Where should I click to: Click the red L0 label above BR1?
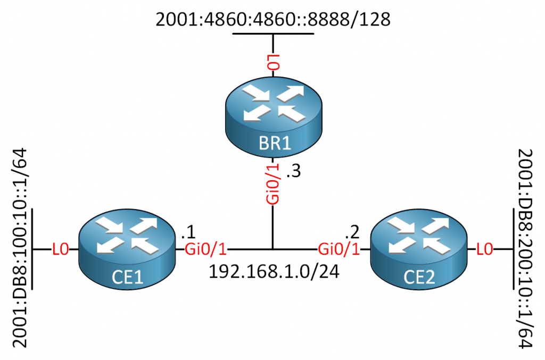click(x=272, y=63)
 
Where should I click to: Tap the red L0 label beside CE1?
click(x=60, y=249)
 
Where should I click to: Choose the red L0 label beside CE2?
click(x=484, y=249)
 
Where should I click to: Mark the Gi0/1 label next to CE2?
click(x=337, y=249)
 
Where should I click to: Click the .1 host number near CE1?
click(x=187, y=232)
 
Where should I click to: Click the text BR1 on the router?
click(x=272, y=144)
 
